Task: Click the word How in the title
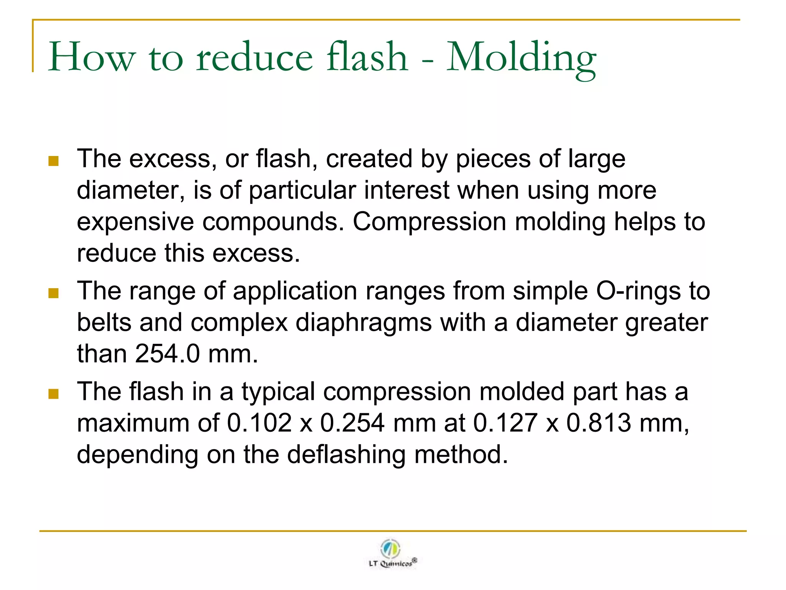92,58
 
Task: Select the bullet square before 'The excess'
53,161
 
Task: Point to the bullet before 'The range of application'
53,293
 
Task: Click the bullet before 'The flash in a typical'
53,394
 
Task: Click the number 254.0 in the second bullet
167,354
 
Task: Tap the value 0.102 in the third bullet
259,423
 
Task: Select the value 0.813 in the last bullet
599,423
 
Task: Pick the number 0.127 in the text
505,423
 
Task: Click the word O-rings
638,291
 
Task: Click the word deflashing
346,454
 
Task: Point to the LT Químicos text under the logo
391,563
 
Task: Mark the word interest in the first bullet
406,190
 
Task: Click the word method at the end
461,454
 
